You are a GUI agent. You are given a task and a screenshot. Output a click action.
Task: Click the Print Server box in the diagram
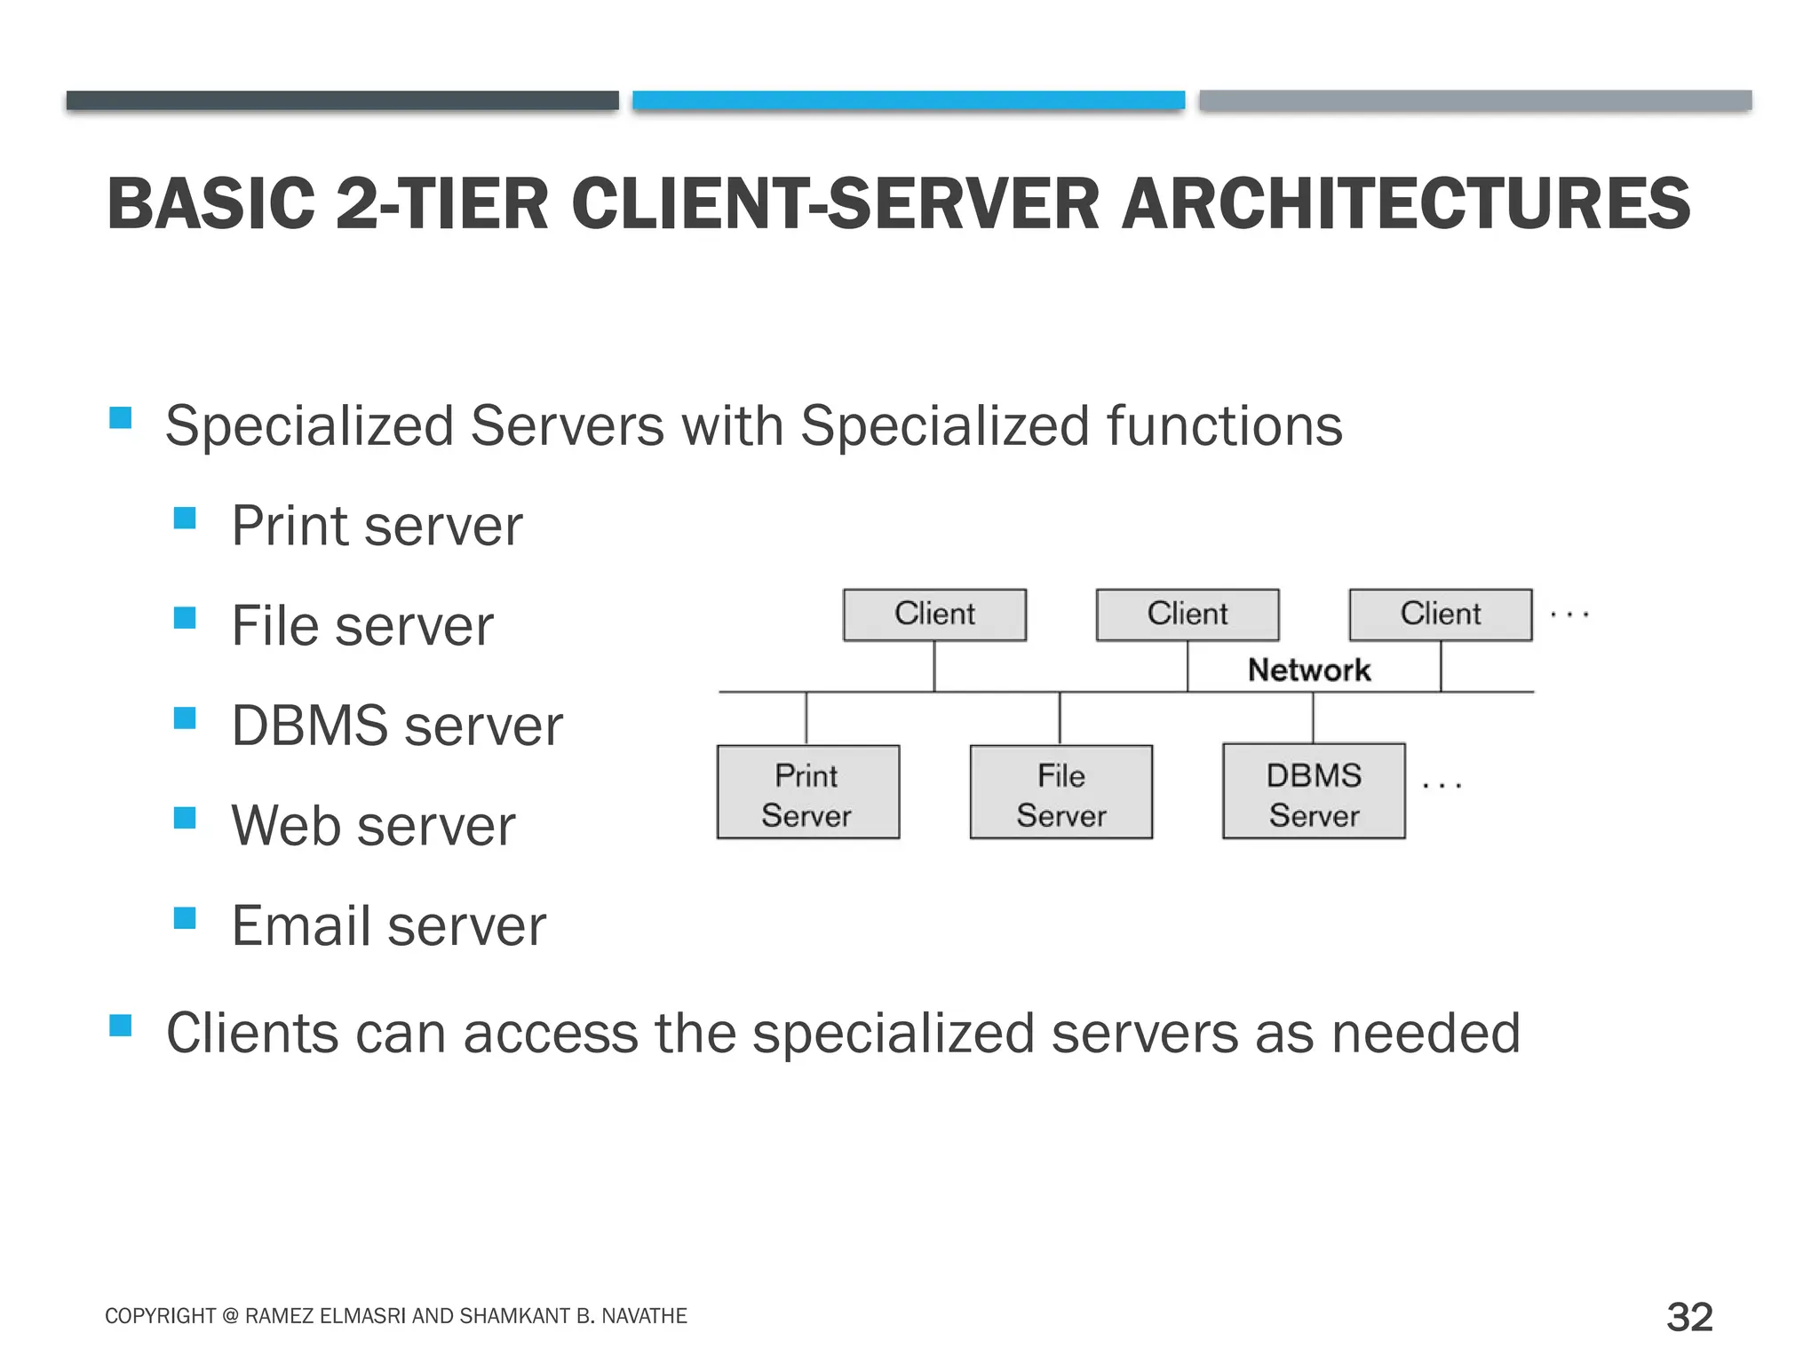coord(807,792)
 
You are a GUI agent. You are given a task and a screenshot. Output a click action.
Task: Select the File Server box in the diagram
coord(1060,792)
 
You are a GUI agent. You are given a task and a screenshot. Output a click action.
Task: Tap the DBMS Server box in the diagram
coord(1314,791)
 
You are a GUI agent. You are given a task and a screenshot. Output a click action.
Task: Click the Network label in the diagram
coord(1309,670)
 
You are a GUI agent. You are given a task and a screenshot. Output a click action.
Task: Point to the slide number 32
coord(1689,1316)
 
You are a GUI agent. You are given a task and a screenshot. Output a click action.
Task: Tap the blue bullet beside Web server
coord(185,817)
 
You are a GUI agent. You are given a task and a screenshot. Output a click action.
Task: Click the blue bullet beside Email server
coord(185,917)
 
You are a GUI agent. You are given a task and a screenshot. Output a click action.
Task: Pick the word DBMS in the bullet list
coord(309,726)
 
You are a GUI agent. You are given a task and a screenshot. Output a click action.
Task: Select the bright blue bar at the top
coord(909,100)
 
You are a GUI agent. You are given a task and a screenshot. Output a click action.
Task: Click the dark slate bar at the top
coord(342,100)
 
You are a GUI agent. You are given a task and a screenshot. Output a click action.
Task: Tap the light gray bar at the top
coord(1475,100)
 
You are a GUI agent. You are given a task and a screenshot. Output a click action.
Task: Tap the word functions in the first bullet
coord(1225,426)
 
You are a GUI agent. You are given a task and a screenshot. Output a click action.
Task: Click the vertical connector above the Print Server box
coord(806,718)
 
